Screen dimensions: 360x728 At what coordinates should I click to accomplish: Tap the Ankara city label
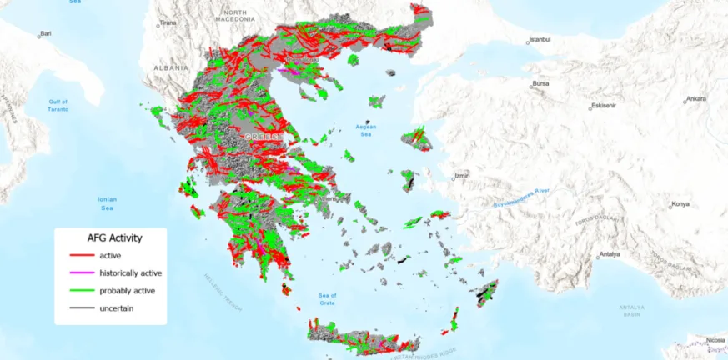(x=695, y=98)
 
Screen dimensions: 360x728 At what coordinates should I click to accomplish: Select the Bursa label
(x=542, y=83)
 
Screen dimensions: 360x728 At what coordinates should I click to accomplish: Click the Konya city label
(x=681, y=204)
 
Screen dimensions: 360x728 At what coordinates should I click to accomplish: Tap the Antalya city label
(x=610, y=254)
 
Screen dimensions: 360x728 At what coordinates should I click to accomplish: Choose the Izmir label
(x=461, y=176)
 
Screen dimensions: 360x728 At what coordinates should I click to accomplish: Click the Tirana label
(x=168, y=23)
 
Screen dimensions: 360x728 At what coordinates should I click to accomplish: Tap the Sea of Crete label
(x=327, y=299)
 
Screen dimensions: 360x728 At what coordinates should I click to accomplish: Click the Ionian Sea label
(x=107, y=202)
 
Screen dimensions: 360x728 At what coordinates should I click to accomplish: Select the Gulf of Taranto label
(x=58, y=106)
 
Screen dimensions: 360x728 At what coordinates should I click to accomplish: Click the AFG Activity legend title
(x=110, y=237)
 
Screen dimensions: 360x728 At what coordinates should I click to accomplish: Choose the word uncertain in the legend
(x=117, y=308)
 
